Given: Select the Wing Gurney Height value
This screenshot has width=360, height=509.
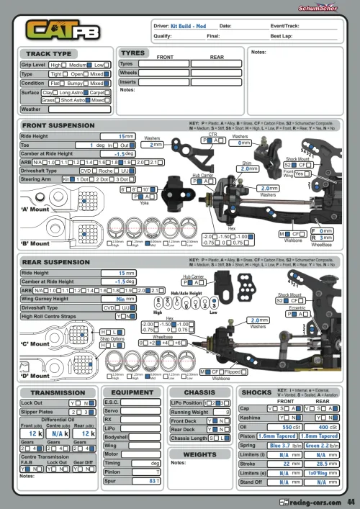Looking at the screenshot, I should (125, 299).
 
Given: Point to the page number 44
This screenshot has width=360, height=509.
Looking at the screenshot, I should (351, 502).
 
